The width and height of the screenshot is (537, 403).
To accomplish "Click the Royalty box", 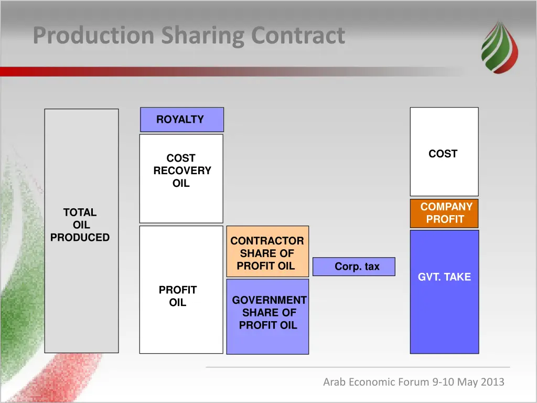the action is [x=181, y=120].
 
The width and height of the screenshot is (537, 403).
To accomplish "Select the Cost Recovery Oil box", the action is [x=181, y=178].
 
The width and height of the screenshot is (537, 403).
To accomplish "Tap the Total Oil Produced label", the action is [x=80, y=225].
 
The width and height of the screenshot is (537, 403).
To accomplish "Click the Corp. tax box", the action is [x=354, y=267].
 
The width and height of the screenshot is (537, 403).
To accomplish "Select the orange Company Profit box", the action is [x=444, y=213].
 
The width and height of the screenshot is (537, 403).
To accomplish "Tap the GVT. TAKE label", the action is [x=444, y=277].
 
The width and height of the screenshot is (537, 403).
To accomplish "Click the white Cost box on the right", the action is [x=444, y=152].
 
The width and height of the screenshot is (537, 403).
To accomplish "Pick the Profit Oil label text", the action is [x=178, y=296].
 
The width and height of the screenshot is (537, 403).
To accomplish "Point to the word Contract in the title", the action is [x=298, y=36].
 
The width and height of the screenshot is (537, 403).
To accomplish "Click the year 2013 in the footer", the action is [x=492, y=382].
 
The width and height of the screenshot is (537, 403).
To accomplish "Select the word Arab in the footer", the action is [x=334, y=382].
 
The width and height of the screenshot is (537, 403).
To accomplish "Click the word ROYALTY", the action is [x=180, y=120].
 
